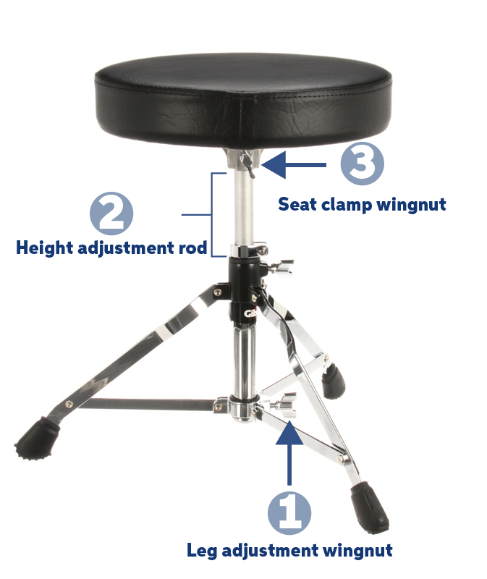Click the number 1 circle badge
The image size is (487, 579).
coord(289,513)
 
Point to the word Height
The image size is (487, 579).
coord(44,248)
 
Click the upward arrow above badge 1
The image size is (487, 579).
coord(289,449)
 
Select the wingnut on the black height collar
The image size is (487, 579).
coord(282,269)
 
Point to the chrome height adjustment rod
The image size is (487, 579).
coord(244,210)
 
